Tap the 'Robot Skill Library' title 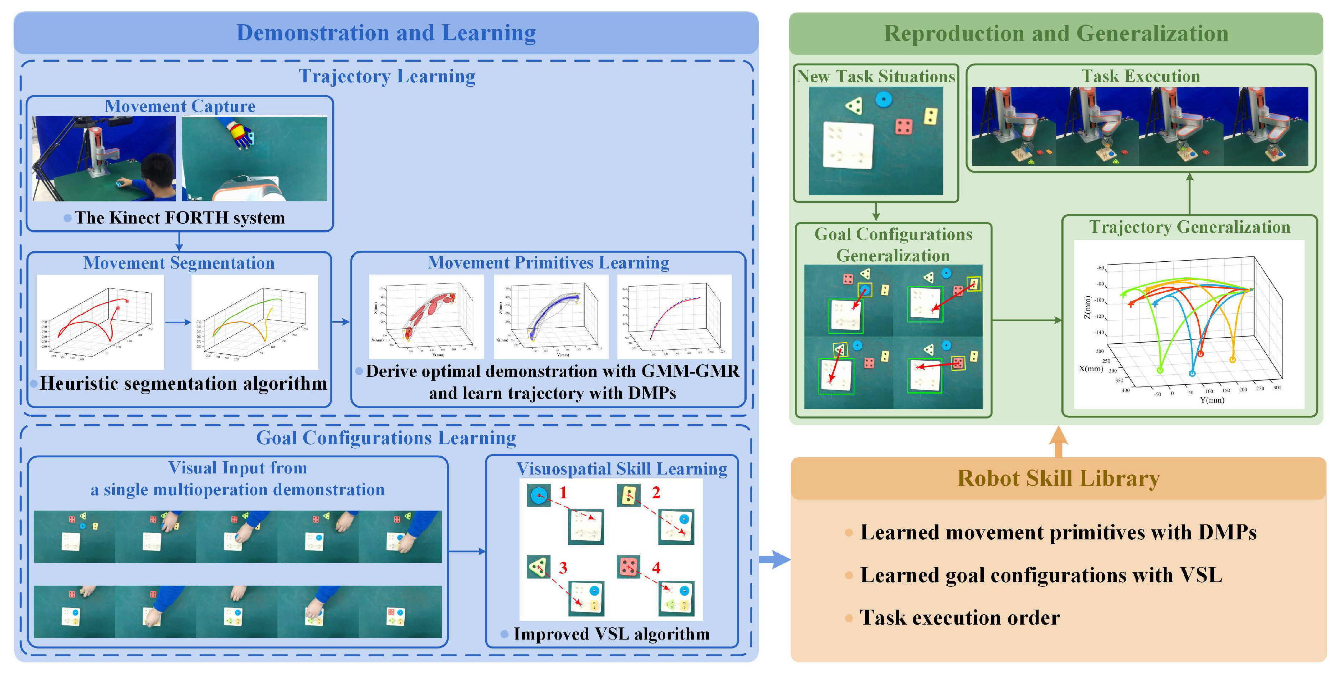coord(1058,478)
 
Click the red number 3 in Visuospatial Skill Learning coord(563,568)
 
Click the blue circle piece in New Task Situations coord(883,99)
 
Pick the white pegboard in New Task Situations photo coord(847,145)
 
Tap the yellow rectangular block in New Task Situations coord(931,116)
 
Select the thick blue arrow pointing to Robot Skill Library coord(774,560)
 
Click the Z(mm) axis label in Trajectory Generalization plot coord(1087,307)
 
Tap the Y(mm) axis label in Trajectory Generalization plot coord(1212,400)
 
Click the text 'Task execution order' coord(959,617)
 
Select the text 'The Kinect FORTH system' coord(179,218)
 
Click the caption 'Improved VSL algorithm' coord(611,634)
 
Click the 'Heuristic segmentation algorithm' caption coord(183,384)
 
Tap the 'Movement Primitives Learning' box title coord(549,262)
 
